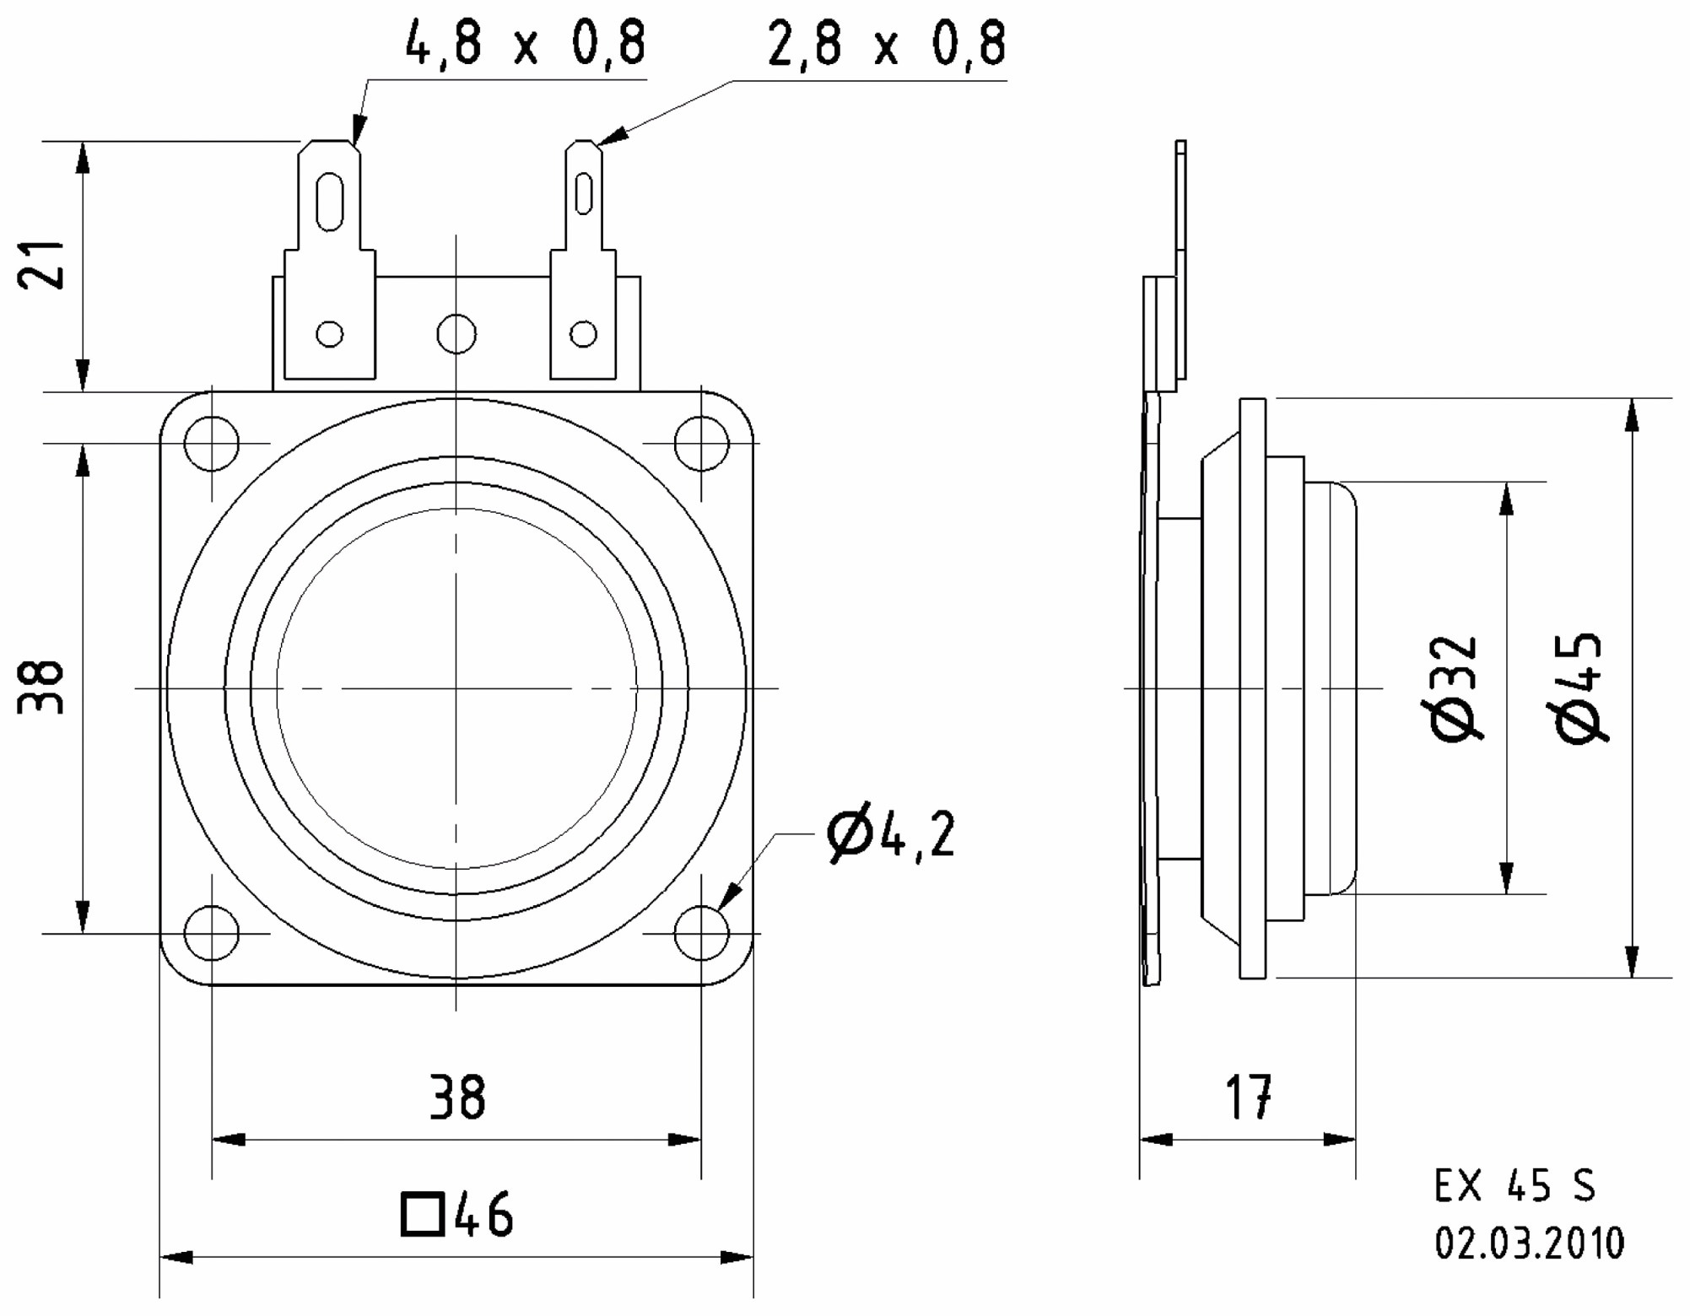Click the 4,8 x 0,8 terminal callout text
coord(526,43)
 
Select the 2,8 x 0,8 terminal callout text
coord(887,43)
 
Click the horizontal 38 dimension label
coord(457,1097)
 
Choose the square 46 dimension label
coord(456,1214)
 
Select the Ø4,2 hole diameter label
coord(891,834)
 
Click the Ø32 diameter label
coord(1455,688)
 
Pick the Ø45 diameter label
coord(1579,688)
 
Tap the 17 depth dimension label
coord(1249,1097)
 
